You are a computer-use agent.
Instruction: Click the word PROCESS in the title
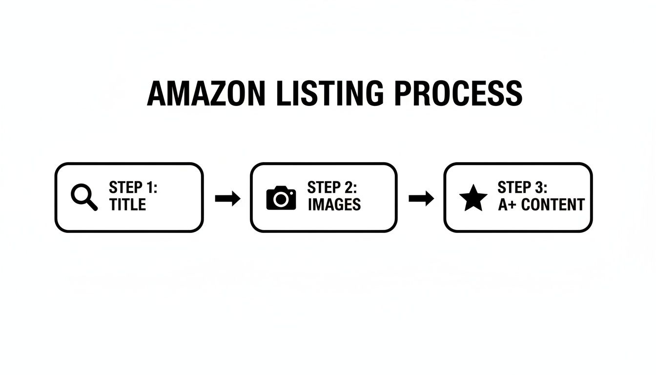pyautogui.click(x=458, y=93)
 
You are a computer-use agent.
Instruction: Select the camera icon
pyautogui.click(x=281, y=198)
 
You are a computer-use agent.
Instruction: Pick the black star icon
pyautogui.click(x=473, y=198)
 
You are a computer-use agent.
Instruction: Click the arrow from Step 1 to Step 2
pyautogui.click(x=227, y=198)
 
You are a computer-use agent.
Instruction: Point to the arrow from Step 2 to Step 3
pyautogui.click(x=421, y=198)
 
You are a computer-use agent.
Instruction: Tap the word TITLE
pyautogui.click(x=127, y=205)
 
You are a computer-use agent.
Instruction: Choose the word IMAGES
pyautogui.click(x=334, y=205)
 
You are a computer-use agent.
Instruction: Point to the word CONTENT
pyautogui.click(x=553, y=205)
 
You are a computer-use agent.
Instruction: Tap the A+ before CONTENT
pyautogui.click(x=507, y=205)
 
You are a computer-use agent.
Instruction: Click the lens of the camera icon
pyautogui.click(x=281, y=199)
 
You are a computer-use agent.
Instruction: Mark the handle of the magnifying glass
pyautogui.click(x=92, y=205)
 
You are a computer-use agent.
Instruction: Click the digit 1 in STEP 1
pyautogui.click(x=149, y=188)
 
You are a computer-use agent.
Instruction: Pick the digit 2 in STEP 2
pyautogui.click(x=348, y=188)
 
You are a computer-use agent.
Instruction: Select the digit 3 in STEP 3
pyautogui.click(x=538, y=188)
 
